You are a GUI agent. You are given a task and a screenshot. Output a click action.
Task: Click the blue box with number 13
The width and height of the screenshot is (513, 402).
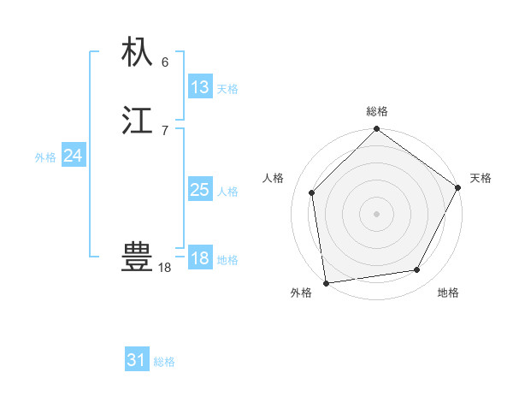pyautogui.click(x=199, y=87)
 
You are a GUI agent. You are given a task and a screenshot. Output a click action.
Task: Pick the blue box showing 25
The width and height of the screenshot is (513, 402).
pyautogui.click(x=199, y=190)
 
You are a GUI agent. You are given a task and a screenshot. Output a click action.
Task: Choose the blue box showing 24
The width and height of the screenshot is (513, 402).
pyautogui.click(x=74, y=156)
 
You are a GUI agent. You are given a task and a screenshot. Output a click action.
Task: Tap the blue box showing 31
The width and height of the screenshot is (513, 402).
pyautogui.click(x=137, y=360)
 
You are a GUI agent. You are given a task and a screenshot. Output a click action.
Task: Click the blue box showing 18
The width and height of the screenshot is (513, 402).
pyautogui.click(x=200, y=258)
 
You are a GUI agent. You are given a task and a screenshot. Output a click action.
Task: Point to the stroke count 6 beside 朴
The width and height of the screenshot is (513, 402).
pyautogui.click(x=165, y=62)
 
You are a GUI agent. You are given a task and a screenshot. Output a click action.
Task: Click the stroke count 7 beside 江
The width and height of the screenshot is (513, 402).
pyautogui.click(x=165, y=130)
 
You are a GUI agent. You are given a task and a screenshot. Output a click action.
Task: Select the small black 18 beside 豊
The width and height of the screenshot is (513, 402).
pyautogui.click(x=165, y=268)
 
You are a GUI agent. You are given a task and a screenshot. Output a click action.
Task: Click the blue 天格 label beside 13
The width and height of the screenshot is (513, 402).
pyautogui.click(x=227, y=89)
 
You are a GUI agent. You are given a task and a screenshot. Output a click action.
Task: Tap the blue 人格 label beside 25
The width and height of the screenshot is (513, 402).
pyautogui.click(x=227, y=192)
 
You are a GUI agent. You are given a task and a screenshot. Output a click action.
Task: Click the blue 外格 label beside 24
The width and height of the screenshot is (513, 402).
pyautogui.click(x=45, y=157)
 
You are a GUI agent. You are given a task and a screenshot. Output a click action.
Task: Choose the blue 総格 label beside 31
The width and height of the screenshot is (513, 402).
pyautogui.click(x=164, y=362)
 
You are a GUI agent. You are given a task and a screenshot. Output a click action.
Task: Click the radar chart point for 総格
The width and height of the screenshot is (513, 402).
pyautogui.click(x=377, y=130)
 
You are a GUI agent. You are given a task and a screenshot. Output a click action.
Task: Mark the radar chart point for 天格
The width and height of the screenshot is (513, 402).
pyautogui.click(x=458, y=188)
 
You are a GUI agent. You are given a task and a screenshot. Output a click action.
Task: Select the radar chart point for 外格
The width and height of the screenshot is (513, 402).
pyautogui.click(x=326, y=282)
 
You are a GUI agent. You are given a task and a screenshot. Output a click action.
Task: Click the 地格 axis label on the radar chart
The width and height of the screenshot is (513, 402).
pyautogui.click(x=448, y=293)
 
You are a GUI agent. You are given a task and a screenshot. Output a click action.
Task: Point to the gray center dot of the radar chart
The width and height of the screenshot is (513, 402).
pyautogui.click(x=377, y=213)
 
